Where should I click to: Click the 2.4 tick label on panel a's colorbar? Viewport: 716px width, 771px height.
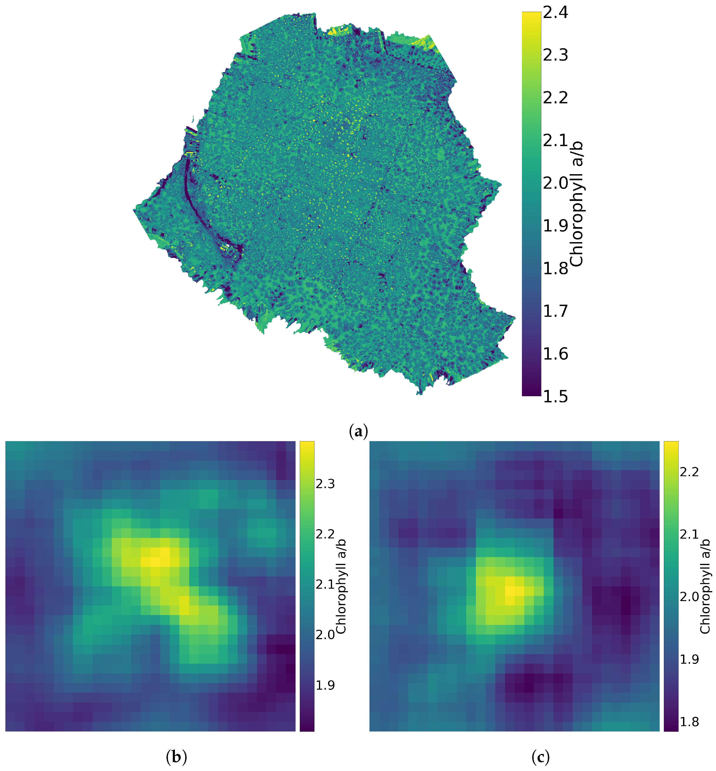(555, 12)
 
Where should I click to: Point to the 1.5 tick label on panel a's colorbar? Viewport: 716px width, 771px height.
(555, 396)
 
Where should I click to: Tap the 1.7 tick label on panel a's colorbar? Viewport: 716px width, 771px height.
(555, 311)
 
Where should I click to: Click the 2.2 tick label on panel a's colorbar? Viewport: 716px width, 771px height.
(555, 98)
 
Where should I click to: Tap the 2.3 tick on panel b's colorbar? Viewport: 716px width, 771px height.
(325, 484)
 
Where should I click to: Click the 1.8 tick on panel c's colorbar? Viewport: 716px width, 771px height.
(689, 722)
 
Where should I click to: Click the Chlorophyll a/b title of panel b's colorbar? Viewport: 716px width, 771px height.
(341, 586)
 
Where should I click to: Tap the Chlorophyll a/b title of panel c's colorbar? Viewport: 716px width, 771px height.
(705, 586)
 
